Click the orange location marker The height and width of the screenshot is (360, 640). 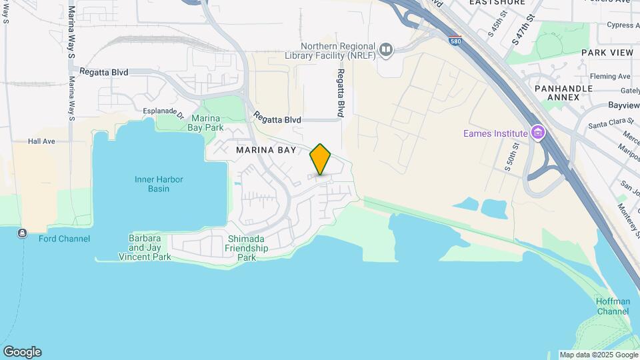coord(321,159)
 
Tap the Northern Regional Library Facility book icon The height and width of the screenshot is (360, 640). coord(385,49)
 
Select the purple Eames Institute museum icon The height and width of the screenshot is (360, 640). coord(537,133)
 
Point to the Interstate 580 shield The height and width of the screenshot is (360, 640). coord(455,40)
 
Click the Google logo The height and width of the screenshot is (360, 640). coord(22,352)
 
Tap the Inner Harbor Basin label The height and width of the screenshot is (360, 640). coord(159,184)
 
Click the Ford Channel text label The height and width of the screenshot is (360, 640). coord(64,239)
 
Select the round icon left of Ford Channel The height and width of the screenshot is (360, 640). coord(23,233)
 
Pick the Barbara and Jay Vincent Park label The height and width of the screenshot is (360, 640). coord(145,247)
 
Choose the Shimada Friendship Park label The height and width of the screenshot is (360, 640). coord(247,248)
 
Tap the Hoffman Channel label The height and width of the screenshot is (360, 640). coord(612,307)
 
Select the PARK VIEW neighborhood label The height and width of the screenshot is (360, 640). coord(607,52)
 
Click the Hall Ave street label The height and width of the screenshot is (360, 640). coord(41,141)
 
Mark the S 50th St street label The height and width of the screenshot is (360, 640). coord(511,157)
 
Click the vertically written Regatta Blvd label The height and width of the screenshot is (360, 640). coord(340,93)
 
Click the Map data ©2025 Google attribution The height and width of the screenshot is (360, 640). coord(598,355)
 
